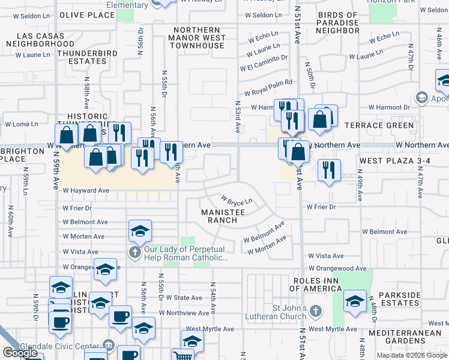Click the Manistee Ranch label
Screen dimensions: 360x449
point(223,216)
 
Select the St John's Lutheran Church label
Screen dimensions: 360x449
point(290,313)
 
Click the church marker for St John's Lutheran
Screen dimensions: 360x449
point(317,311)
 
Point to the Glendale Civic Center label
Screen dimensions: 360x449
point(61,346)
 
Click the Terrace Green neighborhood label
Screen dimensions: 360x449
point(379,125)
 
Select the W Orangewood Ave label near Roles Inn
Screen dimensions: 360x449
point(337,269)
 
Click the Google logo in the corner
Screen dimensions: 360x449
point(20,353)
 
